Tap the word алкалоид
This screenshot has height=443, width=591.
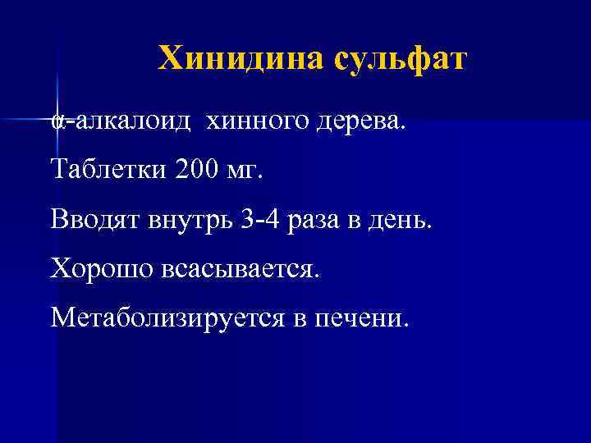click(132, 123)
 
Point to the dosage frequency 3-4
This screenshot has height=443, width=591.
click(260, 220)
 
